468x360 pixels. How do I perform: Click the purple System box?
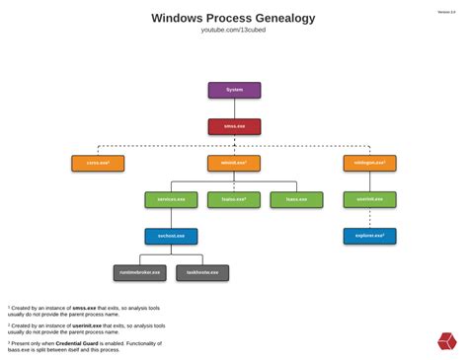[x=234, y=90]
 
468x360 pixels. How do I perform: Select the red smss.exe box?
[x=234, y=126]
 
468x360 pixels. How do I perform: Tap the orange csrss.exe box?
[x=98, y=163]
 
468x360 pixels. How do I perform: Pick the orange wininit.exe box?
[x=234, y=163]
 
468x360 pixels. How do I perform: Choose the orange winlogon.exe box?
[x=369, y=163]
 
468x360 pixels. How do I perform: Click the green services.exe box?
[x=171, y=199]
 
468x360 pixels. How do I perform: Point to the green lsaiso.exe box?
[x=234, y=199]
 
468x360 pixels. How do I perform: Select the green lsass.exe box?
[x=296, y=199]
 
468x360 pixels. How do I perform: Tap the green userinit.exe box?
[x=369, y=199]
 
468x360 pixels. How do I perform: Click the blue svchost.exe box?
[x=171, y=236]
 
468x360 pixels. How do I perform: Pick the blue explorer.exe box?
[x=369, y=236]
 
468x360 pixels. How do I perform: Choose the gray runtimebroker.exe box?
[x=139, y=272]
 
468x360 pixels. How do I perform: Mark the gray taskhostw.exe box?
[x=202, y=272]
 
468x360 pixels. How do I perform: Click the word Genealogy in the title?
[x=279, y=18]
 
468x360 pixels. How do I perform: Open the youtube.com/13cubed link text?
[x=234, y=31]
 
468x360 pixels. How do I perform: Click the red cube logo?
[x=447, y=341]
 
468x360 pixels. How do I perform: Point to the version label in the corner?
[x=446, y=12]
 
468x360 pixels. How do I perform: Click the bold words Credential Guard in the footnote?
[x=103, y=341]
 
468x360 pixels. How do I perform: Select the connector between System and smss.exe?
[x=234, y=108]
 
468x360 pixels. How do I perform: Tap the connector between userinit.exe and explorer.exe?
[x=369, y=218]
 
